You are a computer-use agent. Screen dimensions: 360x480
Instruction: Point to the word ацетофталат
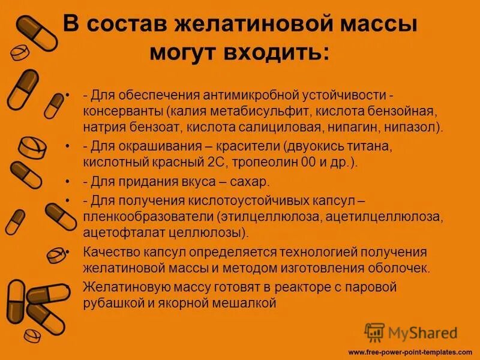click(x=119, y=231)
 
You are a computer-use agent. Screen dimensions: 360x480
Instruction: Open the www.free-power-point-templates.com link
click(x=410, y=352)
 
